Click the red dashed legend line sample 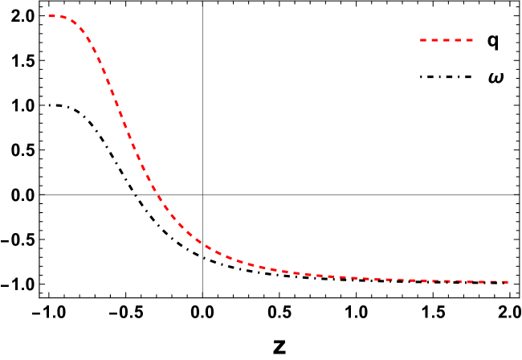447,40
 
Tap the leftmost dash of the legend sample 424,40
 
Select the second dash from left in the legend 435,40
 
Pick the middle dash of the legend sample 447,40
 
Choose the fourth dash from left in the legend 458,40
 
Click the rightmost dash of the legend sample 469,40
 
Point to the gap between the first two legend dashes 430,40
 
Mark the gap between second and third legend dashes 441,40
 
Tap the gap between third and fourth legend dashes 452,40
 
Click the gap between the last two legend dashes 463,40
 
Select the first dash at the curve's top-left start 52,16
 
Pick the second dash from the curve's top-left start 63,18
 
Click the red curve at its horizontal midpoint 279,271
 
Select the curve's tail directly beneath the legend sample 447,281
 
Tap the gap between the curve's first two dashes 58,16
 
